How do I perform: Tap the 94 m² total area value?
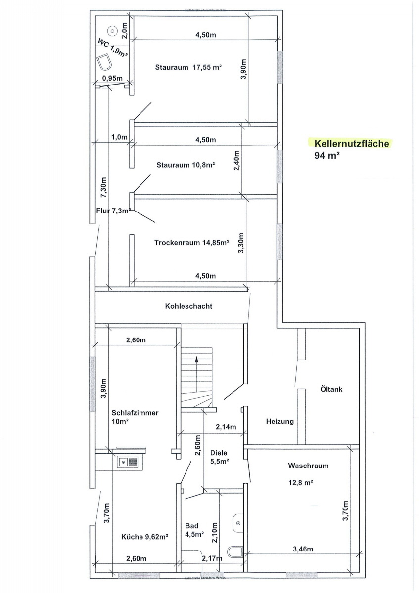coord(326,156)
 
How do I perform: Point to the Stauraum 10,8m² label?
coord(185,165)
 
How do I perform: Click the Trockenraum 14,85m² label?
coord(191,243)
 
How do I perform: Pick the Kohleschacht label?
coord(188,306)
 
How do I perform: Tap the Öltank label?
coord(331,389)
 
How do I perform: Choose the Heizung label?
coord(280,422)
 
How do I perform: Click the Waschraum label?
coord(308,466)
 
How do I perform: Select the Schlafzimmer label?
coord(135,413)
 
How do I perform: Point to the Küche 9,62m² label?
coord(145,536)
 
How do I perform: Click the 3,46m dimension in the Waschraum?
coord(303,549)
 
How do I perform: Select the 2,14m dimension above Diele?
coord(226,427)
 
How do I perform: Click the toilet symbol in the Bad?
coord(236,551)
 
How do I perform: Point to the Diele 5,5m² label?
coord(219,457)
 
